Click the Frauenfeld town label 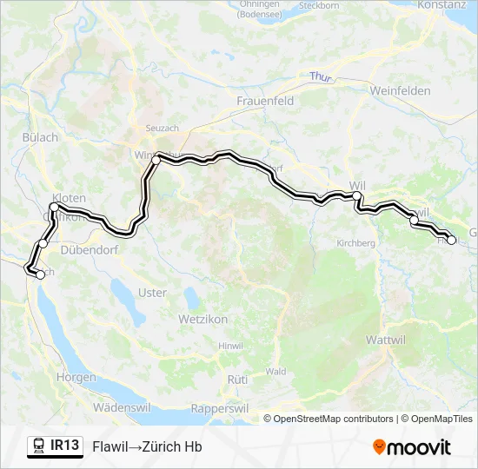(x=265, y=101)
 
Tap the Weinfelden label (x=401, y=90)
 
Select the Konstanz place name (x=442, y=4)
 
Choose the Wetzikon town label (x=202, y=320)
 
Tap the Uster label (x=152, y=293)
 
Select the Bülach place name (x=40, y=137)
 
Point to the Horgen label (x=76, y=377)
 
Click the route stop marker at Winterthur (x=156, y=160)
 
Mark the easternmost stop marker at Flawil (x=450, y=240)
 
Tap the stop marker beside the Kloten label (x=54, y=208)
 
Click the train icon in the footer (x=38, y=446)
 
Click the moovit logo (x=412, y=446)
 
